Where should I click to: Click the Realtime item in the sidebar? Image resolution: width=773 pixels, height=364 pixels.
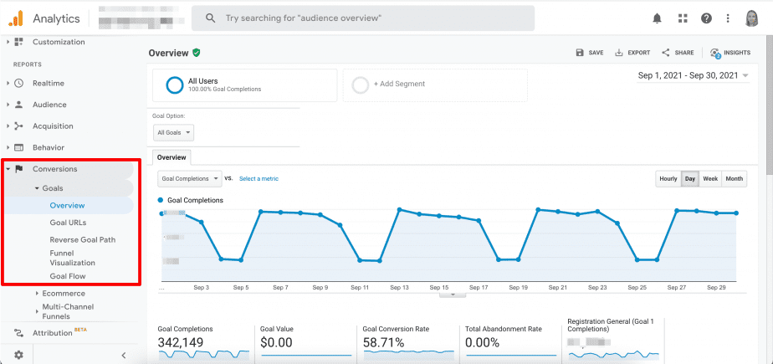(48, 83)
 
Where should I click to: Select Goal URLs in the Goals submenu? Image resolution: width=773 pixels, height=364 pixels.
(68, 222)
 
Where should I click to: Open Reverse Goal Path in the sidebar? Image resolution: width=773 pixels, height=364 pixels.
(82, 239)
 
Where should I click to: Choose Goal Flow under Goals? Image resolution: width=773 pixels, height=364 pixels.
(67, 276)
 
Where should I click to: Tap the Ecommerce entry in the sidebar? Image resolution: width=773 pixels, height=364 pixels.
(64, 293)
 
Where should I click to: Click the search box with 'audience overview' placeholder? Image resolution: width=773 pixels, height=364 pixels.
(362, 18)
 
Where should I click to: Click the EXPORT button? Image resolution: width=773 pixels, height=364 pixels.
(632, 53)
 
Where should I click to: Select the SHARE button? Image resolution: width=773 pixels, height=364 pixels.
(678, 53)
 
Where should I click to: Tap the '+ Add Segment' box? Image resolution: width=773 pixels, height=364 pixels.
(435, 85)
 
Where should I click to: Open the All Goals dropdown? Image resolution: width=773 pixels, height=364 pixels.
(174, 132)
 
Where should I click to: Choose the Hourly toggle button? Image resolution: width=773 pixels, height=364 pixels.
(668, 178)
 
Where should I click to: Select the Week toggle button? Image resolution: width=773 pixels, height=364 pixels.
(710, 178)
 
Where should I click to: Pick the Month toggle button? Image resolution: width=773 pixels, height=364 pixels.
(734, 178)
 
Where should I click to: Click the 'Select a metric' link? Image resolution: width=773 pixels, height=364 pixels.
(259, 178)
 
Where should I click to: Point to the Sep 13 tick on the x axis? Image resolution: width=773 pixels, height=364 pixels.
(399, 287)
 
